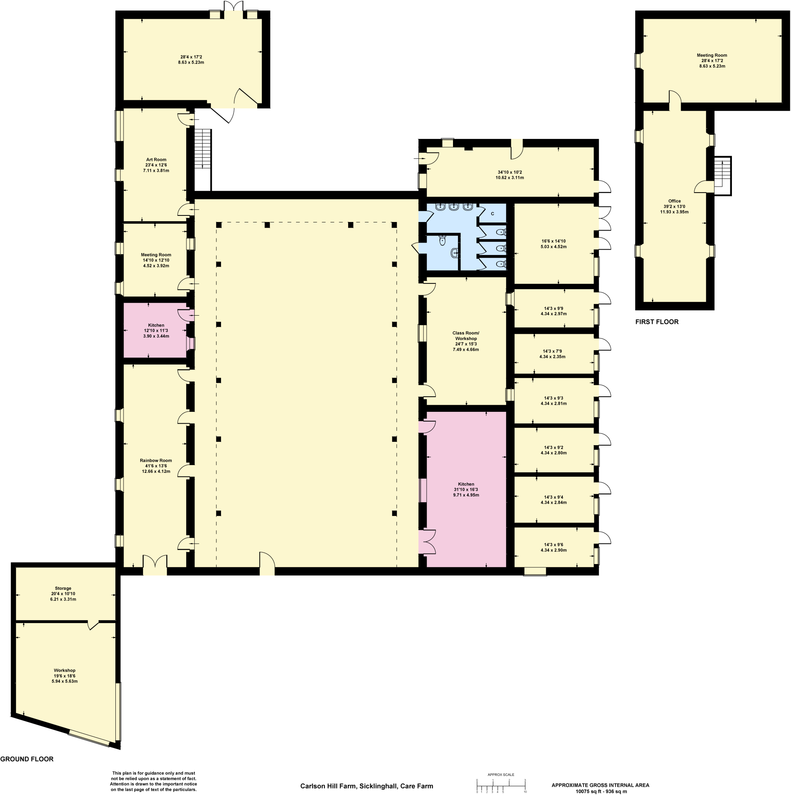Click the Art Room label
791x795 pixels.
click(156, 160)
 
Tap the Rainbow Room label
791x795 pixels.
click(156, 460)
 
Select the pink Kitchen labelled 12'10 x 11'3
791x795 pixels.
click(156, 330)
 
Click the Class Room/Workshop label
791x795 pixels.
click(466, 336)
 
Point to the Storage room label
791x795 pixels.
click(63, 588)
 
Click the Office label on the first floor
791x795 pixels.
click(674, 201)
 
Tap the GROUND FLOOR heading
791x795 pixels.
click(27, 759)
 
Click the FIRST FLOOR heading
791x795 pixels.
click(657, 322)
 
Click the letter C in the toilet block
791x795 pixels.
click(493, 214)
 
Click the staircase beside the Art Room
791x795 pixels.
click(202, 149)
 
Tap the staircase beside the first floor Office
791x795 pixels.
click(722, 175)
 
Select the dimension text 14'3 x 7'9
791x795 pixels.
click(552, 351)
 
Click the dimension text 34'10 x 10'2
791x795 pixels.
click(510, 172)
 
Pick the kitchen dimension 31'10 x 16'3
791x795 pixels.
click(466, 489)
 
